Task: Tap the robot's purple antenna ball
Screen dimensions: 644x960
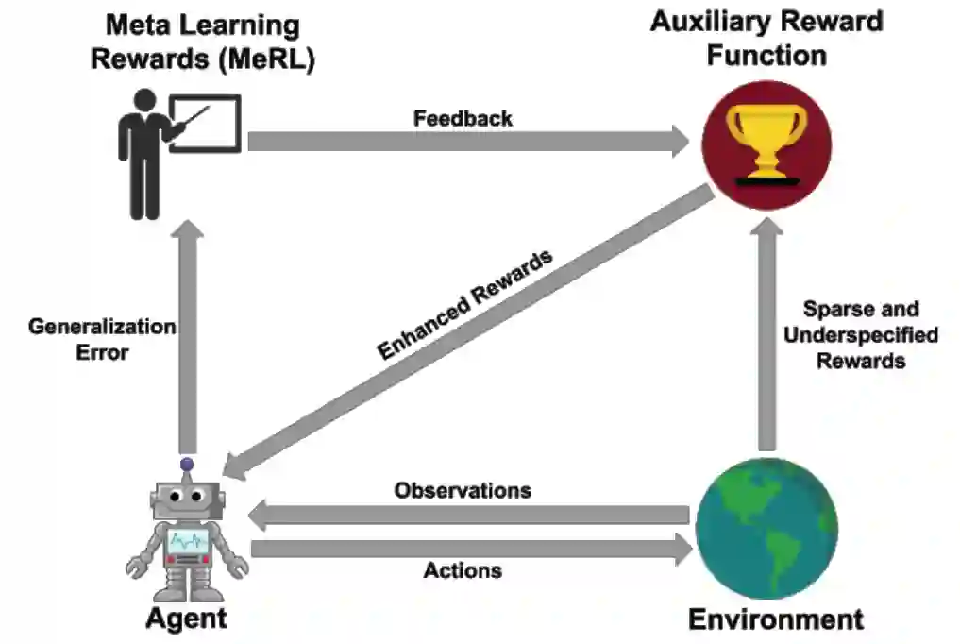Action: click(x=187, y=465)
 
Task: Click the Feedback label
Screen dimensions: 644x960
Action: click(x=463, y=119)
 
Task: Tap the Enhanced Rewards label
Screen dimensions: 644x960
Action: click(x=464, y=304)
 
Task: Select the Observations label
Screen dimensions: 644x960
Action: click(x=463, y=491)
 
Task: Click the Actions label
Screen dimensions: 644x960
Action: click(x=463, y=570)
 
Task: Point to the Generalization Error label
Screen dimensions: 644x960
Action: click(x=101, y=340)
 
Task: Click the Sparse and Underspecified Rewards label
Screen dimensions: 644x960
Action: click(x=860, y=334)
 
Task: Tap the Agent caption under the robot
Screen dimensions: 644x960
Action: click(x=186, y=619)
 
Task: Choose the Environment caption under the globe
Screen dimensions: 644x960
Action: click(x=775, y=619)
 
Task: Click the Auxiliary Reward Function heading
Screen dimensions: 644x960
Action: click(x=766, y=38)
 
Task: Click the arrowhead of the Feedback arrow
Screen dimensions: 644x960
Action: click(x=679, y=142)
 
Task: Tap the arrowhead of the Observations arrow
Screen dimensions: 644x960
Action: click(x=261, y=516)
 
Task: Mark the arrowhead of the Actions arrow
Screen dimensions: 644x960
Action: click(x=681, y=549)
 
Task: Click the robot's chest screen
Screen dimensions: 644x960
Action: click(x=187, y=541)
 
